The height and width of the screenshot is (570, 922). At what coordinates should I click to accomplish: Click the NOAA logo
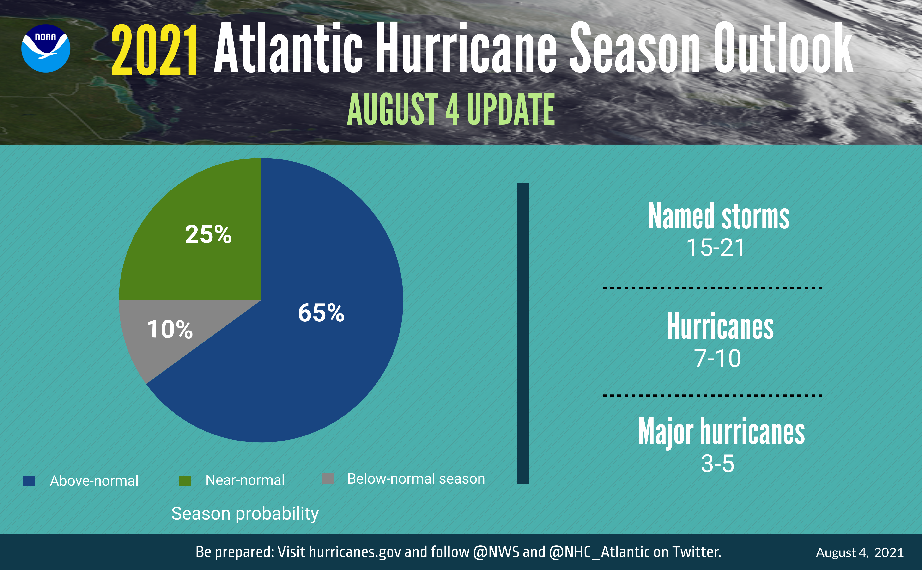pyautogui.click(x=46, y=48)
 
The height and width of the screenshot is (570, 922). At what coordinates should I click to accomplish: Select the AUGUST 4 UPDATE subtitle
pyautogui.click(x=451, y=109)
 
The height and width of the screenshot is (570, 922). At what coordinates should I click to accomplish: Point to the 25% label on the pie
pyautogui.click(x=208, y=234)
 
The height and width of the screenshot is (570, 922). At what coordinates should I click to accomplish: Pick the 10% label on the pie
pyautogui.click(x=170, y=329)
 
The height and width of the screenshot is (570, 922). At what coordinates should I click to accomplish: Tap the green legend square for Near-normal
pyautogui.click(x=185, y=480)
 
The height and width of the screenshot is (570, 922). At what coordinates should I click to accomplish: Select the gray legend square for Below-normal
pyautogui.click(x=328, y=479)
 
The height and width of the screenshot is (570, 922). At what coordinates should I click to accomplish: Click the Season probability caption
pyautogui.click(x=245, y=514)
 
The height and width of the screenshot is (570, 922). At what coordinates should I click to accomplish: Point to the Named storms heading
pyautogui.click(x=719, y=216)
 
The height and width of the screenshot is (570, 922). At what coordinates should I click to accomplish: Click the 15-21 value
pyautogui.click(x=716, y=248)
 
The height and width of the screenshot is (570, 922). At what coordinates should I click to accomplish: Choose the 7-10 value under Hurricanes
pyautogui.click(x=717, y=358)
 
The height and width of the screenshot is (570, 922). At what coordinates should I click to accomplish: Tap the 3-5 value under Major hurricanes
pyautogui.click(x=717, y=464)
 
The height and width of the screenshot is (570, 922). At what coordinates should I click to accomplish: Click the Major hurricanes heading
pyautogui.click(x=721, y=432)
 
